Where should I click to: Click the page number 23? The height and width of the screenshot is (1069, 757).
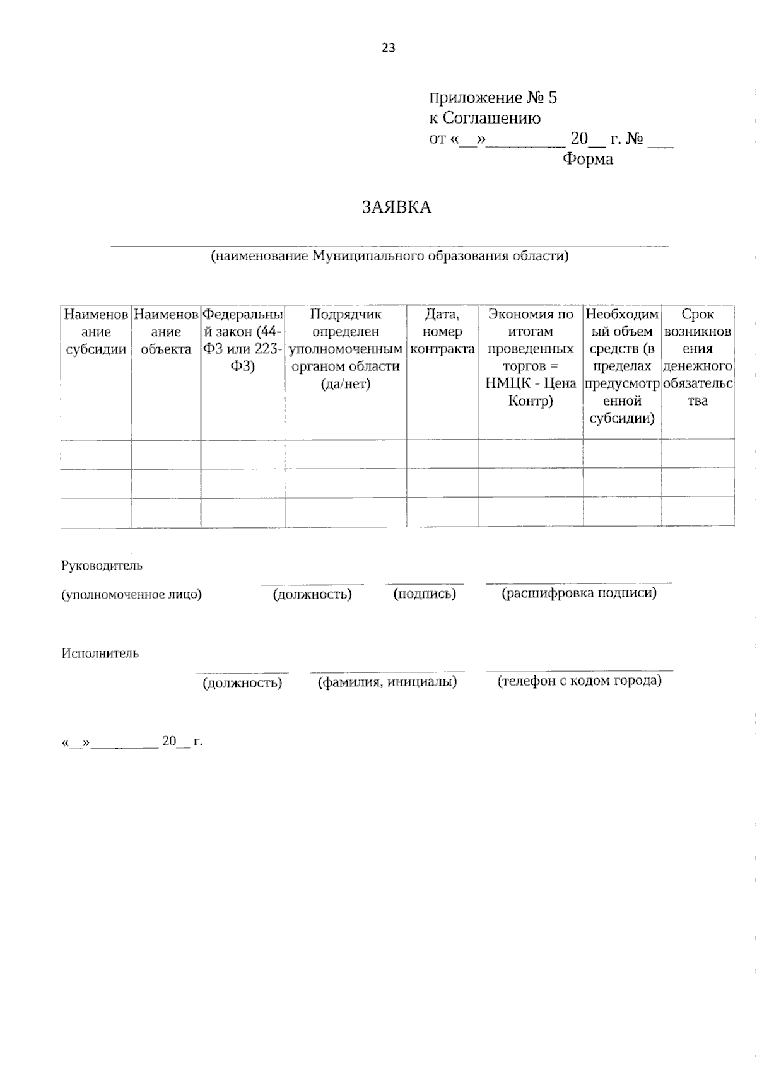point(388,48)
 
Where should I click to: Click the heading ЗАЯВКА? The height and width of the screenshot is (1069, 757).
point(397,207)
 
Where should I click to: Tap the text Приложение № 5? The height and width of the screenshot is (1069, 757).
point(493,98)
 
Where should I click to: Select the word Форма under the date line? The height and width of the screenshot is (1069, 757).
point(587,159)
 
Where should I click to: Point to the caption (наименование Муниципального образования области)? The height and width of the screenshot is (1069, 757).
point(389,256)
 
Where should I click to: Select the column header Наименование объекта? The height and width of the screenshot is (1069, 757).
point(166,332)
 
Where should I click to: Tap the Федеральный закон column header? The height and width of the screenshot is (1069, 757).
point(243,341)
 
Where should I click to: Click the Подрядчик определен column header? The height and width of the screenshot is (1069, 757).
point(346,349)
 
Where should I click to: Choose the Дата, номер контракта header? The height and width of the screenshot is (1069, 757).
point(442,332)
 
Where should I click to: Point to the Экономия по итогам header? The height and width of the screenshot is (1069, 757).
point(531,358)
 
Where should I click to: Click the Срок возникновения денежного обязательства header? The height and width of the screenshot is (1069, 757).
point(698,358)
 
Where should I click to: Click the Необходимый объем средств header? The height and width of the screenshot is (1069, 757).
point(622,366)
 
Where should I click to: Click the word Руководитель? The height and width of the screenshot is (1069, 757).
point(102,566)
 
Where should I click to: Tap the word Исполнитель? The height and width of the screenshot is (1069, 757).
point(100,653)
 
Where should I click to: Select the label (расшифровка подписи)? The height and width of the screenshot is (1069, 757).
point(578,593)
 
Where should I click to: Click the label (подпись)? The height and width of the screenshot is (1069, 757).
point(424,594)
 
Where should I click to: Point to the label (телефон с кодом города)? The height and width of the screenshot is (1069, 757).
point(579,681)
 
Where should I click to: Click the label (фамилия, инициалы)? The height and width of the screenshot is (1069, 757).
point(387,682)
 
